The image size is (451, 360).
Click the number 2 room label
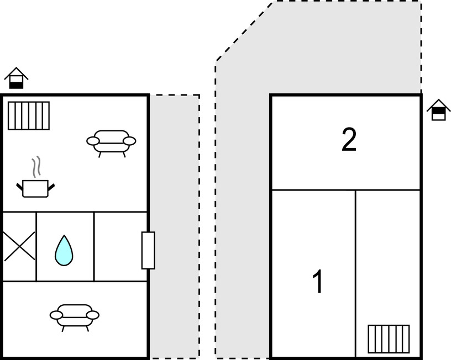tap(349, 140)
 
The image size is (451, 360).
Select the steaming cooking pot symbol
tap(35, 188)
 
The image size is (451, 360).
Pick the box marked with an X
tap(19, 246)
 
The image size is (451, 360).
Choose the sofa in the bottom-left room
tap(75, 316)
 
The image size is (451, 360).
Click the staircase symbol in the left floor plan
tap(29, 115)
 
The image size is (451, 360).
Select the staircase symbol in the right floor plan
tap(389, 338)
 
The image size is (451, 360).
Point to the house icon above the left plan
tap(17, 78)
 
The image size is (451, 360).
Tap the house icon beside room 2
tap(438, 110)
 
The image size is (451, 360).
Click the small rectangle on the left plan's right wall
tap(148, 250)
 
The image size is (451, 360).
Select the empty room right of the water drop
tap(120, 246)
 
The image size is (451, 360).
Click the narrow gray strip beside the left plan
tap(175, 226)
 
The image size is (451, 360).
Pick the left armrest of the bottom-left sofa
tap(56, 315)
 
